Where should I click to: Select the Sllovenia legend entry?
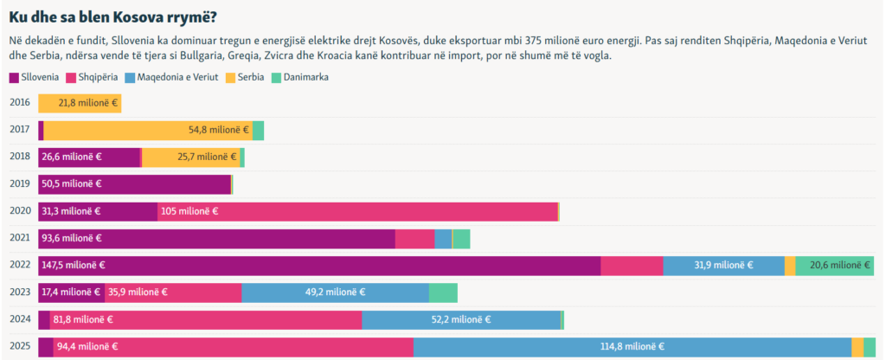point(34,77)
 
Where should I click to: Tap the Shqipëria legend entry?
point(94,77)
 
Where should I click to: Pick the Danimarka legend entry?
point(299,77)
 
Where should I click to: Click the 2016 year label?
point(19,103)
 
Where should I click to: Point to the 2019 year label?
point(19,183)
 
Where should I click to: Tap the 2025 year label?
point(19,346)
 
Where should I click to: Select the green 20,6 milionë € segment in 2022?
point(834,266)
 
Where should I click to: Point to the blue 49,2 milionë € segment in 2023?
point(335,292)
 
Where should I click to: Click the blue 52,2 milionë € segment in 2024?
point(461,319)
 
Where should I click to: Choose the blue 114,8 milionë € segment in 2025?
point(632,347)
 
